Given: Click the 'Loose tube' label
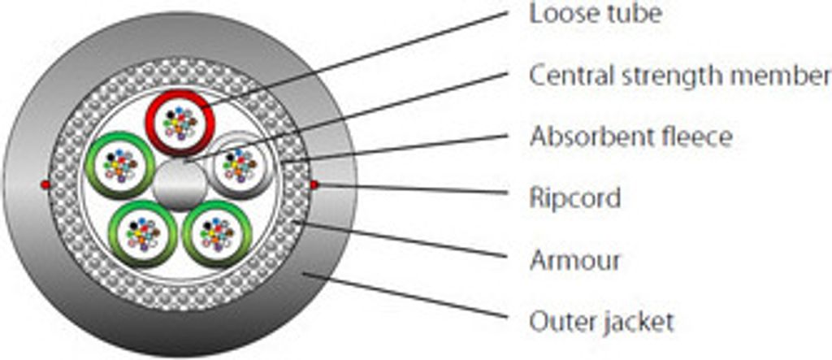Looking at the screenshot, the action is (596, 15).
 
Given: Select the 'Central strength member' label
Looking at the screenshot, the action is (680, 76).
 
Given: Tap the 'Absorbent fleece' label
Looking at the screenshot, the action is (630, 137).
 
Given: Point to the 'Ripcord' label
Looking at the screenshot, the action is (574, 198).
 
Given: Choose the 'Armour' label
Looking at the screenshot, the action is (574, 260).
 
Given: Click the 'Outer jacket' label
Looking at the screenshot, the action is (602, 322).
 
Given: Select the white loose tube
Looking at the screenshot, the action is (240, 165).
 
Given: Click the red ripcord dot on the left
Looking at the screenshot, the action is (45, 184).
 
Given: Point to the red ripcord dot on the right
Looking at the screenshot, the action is (314, 184).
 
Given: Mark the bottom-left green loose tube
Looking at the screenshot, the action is (143, 233).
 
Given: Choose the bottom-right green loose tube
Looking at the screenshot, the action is (217, 233).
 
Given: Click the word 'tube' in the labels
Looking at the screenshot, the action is (635, 15).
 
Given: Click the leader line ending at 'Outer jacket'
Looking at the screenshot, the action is (407, 296).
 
